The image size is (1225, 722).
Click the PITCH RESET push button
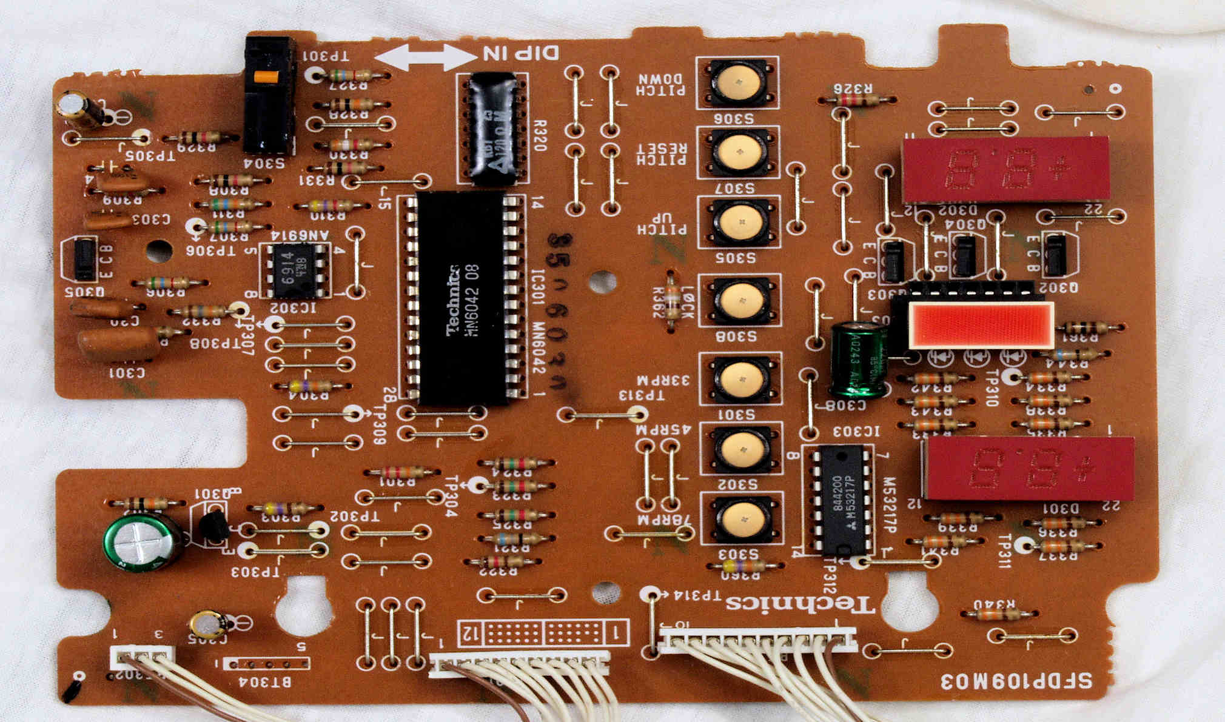tap(738, 152)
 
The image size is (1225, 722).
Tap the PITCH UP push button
tap(739, 222)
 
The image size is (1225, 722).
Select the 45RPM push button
tap(740, 449)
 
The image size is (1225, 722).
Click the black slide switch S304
tap(269, 95)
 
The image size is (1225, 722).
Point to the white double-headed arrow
tap(426, 57)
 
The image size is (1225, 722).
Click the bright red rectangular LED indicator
tap(981, 326)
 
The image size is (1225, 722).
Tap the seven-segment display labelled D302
tap(1005, 170)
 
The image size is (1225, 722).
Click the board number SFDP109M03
tap(1016, 681)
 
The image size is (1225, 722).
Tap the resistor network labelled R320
tap(493, 129)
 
